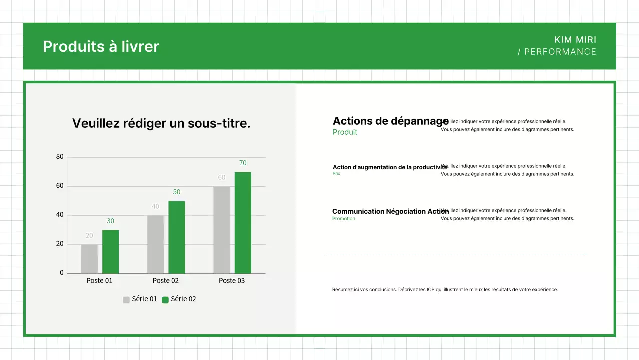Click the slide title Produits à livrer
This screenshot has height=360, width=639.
click(x=101, y=46)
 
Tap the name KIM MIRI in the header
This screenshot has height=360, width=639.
click(x=575, y=40)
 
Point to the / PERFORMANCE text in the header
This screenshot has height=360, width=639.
click(x=557, y=52)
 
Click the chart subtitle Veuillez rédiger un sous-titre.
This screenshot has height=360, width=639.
click(x=161, y=123)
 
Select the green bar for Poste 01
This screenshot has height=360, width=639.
click(x=110, y=252)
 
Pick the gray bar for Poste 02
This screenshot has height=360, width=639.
click(x=155, y=244)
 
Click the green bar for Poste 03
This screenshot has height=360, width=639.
click(x=243, y=223)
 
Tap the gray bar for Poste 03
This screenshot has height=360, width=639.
click(x=222, y=230)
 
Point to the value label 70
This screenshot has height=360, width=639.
click(x=243, y=163)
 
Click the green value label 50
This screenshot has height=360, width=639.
click(x=177, y=192)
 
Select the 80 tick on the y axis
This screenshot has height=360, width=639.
click(x=60, y=157)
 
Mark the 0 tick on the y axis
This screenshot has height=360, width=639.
click(x=62, y=273)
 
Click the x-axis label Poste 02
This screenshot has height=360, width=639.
click(x=165, y=281)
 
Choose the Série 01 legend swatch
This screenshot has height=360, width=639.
click(x=126, y=300)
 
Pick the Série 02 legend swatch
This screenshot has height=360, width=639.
click(x=165, y=300)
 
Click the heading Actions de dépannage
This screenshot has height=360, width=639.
click(x=390, y=121)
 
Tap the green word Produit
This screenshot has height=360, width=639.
click(x=345, y=132)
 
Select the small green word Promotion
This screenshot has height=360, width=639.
click(x=344, y=219)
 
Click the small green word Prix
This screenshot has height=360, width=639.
click(x=336, y=174)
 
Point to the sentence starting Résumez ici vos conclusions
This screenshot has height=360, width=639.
click(x=445, y=290)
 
